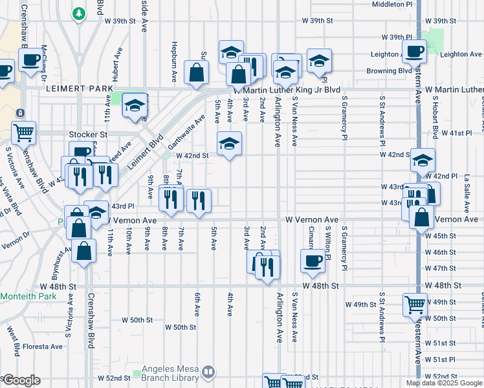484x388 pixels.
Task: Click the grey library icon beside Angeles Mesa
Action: (208, 372)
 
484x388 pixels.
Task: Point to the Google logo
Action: (21, 380)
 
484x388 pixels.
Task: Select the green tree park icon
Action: (78, 13)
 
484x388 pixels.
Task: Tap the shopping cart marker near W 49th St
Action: (414, 304)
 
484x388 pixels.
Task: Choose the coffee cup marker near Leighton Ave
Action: (413, 51)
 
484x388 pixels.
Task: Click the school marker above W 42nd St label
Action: (228, 143)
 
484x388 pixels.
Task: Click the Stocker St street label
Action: (87, 135)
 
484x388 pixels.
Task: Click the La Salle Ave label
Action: (467, 198)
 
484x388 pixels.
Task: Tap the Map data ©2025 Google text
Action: (444, 383)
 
